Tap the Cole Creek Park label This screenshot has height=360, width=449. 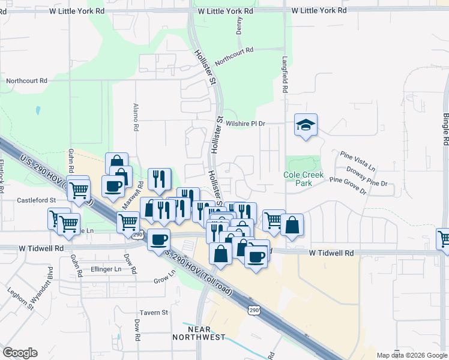[x=304, y=179]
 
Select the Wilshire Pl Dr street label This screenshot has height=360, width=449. [x=246, y=123]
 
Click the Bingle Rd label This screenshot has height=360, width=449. [x=445, y=129]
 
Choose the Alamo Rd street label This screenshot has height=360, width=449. [x=136, y=118]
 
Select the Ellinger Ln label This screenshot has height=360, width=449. [x=108, y=268]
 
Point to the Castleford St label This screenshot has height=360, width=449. [x=36, y=199]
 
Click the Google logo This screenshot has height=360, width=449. [x=20, y=352]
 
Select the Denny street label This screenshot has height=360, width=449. [x=240, y=25]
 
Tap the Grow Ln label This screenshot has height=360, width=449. [x=164, y=280]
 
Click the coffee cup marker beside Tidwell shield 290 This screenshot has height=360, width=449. [x=158, y=239]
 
